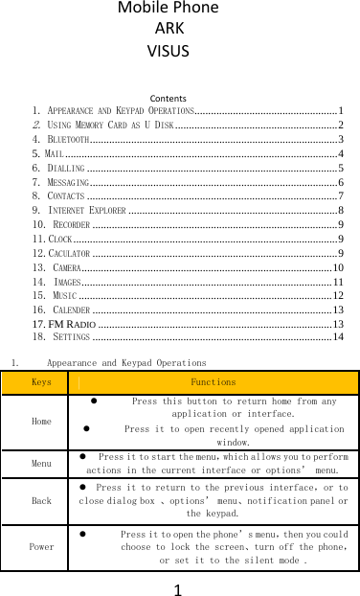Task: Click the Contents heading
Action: pos(169,99)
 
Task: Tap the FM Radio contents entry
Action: pos(62,324)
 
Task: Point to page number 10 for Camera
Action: pos(337,267)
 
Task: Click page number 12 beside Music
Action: pos(338,295)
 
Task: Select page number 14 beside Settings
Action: pos(338,337)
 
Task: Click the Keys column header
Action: pos(41,381)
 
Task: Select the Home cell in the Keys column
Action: pos(41,421)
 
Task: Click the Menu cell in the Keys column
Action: pos(41,463)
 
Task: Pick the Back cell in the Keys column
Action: pos(41,500)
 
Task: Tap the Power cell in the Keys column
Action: pos(41,546)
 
